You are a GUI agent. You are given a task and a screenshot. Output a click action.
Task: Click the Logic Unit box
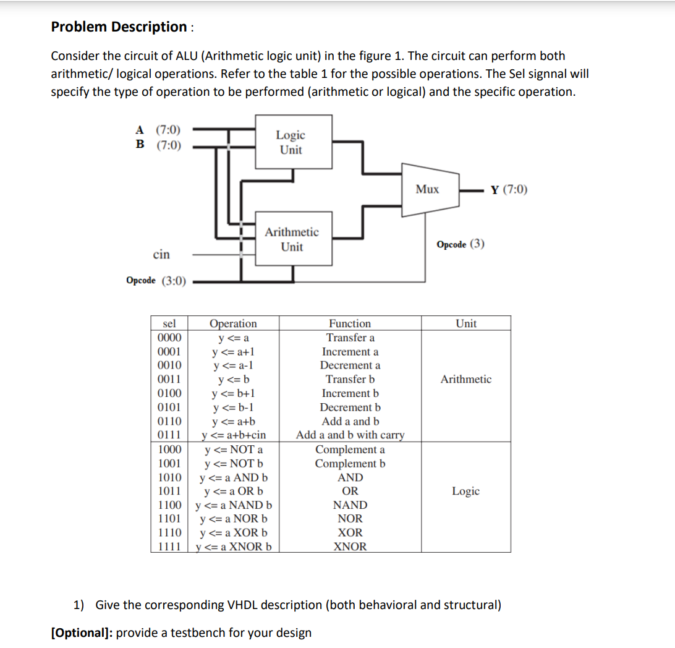[290, 142]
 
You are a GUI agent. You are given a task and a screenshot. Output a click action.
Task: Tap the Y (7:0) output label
[509, 189]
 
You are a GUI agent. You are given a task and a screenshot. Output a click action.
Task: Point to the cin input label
[161, 254]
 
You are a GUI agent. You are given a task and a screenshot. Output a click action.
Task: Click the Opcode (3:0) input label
[156, 281]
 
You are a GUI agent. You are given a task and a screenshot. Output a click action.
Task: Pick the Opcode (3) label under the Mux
[461, 244]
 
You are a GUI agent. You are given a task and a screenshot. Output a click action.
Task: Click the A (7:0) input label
[159, 130]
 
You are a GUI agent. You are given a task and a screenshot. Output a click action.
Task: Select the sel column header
[169, 323]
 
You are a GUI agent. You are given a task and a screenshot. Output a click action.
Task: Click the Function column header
[350, 323]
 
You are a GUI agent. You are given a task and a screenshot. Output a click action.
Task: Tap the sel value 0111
[169, 435]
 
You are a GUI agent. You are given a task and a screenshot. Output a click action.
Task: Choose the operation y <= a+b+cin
[234, 435]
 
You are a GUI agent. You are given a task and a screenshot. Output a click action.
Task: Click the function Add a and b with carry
[350, 435]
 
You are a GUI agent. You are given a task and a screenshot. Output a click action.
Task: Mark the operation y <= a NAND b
[234, 505]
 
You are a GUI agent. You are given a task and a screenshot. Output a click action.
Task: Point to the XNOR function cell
[350, 547]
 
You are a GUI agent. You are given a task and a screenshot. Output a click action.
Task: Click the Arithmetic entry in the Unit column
[466, 380]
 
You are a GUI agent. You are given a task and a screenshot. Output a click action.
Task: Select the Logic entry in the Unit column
[466, 491]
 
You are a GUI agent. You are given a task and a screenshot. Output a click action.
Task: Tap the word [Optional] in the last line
[82, 633]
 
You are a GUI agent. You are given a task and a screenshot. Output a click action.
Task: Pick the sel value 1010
[169, 477]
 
